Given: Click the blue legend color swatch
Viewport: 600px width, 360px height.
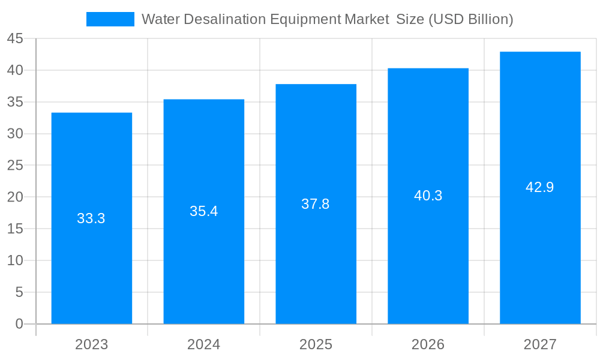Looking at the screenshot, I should coord(110,19).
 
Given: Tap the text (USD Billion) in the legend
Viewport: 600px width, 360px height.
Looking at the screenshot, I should coord(470,19).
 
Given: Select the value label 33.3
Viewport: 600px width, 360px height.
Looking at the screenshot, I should coord(91,218).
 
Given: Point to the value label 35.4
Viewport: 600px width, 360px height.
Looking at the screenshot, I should coord(203,211).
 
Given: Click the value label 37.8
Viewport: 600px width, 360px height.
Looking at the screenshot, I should coord(316,204).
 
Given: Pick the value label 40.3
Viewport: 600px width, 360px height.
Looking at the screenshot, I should coord(428,196).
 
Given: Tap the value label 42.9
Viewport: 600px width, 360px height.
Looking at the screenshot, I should coord(540,187).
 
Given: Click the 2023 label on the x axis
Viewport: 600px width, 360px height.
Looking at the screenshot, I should coord(91,344).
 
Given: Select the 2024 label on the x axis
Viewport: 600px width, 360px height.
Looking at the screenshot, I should coord(203,344).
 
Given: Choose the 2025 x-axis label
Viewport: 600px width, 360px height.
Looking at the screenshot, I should coord(316,344).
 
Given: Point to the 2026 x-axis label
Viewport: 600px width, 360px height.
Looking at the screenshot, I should coord(428,344).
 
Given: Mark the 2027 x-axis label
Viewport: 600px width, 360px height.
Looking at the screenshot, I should coord(540,344).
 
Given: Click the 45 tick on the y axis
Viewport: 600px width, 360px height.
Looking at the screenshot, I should coord(15,39).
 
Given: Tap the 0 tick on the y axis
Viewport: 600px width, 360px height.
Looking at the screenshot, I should coord(19,324).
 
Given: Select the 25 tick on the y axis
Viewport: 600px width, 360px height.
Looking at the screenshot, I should coord(15,166).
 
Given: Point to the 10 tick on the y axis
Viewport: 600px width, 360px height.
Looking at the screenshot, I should coord(15,260).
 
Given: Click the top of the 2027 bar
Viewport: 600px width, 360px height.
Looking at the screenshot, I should coord(540,52).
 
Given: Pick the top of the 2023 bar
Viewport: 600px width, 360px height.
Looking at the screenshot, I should coord(91,113).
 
